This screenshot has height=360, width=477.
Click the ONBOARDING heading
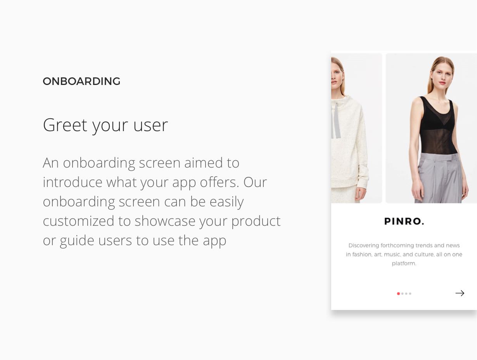(x=81, y=81)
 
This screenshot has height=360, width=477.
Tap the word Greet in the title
(x=65, y=125)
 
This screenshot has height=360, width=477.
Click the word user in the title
(x=150, y=126)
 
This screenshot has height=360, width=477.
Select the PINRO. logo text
(x=404, y=221)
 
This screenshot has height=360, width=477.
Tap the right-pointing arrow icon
(x=460, y=293)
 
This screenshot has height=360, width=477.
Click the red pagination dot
(x=398, y=294)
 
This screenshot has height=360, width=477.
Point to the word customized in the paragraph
(x=78, y=221)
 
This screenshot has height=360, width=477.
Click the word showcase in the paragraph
(x=165, y=221)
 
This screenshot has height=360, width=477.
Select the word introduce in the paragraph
(x=73, y=182)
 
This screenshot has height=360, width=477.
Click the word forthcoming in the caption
(x=397, y=246)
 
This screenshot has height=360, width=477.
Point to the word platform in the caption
(x=404, y=264)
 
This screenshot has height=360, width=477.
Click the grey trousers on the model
(x=439, y=178)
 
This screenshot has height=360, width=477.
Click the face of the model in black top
(x=442, y=76)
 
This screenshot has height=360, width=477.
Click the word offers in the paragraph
(x=219, y=182)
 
